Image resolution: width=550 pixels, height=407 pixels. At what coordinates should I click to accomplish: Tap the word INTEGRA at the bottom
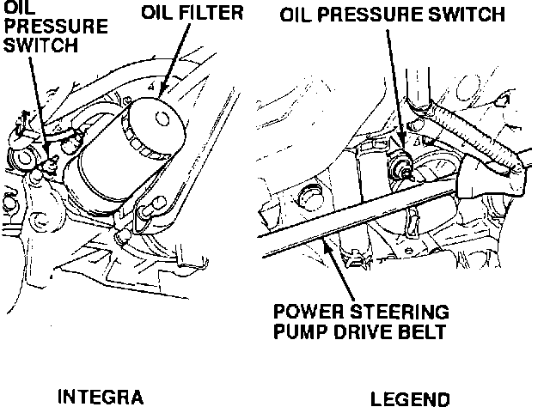(x=99, y=398)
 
